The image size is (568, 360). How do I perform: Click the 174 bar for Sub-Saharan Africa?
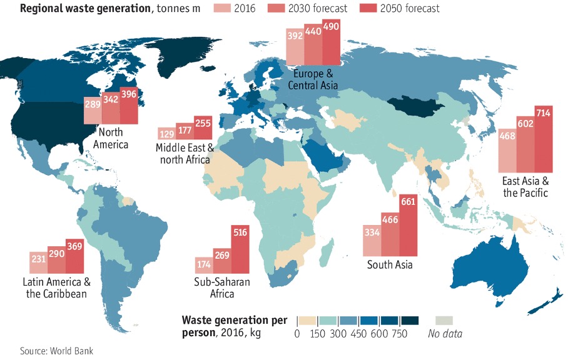[x=204, y=265]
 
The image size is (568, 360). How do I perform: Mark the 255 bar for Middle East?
[x=203, y=128]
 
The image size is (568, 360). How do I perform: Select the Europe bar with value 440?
[x=313, y=44]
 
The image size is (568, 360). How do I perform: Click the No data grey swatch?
[x=445, y=320]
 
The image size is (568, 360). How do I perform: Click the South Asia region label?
[x=389, y=265]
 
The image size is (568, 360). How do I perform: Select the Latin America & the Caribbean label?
[x=56, y=287]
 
